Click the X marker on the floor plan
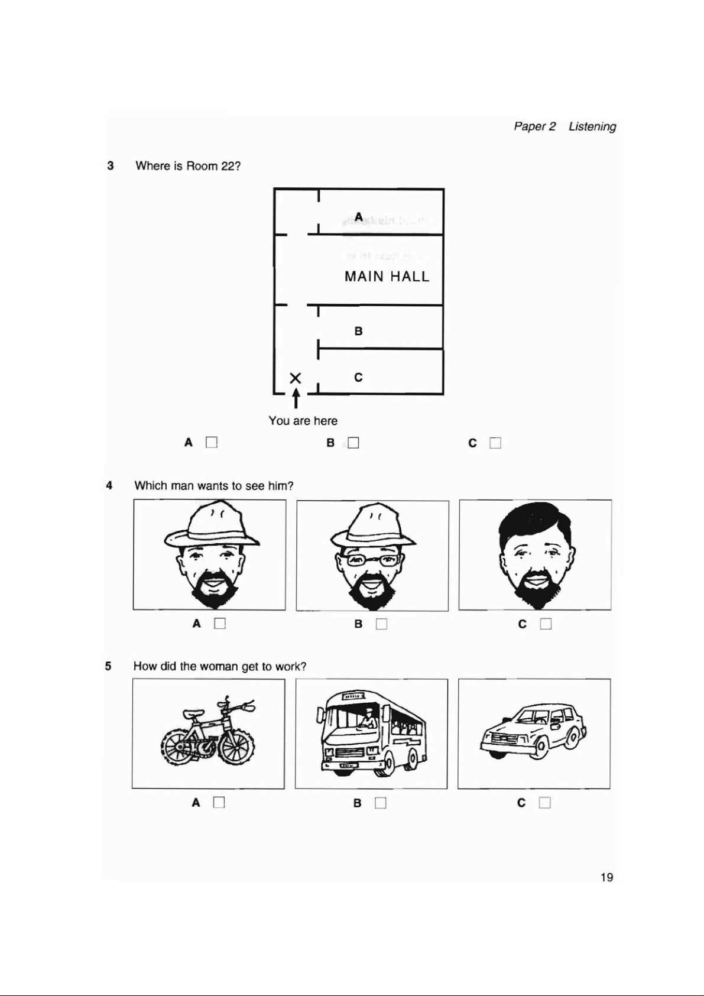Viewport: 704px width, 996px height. point(296,377)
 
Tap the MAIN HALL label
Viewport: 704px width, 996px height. point(387,277)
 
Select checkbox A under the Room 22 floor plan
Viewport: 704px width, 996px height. point(212,442)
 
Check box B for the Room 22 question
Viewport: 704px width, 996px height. point(353,443)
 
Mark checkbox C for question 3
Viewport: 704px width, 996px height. point(495,443)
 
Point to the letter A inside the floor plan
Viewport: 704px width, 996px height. point(358,217)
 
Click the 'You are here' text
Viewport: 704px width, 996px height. point(303,421)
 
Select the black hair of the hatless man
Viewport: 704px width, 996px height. point(536,519)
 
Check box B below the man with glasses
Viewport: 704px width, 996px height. point(381,624)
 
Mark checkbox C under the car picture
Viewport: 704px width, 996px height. point(545,803)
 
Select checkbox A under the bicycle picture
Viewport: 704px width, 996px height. point(219,803)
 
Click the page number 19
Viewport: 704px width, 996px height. point(606,877)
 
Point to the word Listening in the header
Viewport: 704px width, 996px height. point(592,126)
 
